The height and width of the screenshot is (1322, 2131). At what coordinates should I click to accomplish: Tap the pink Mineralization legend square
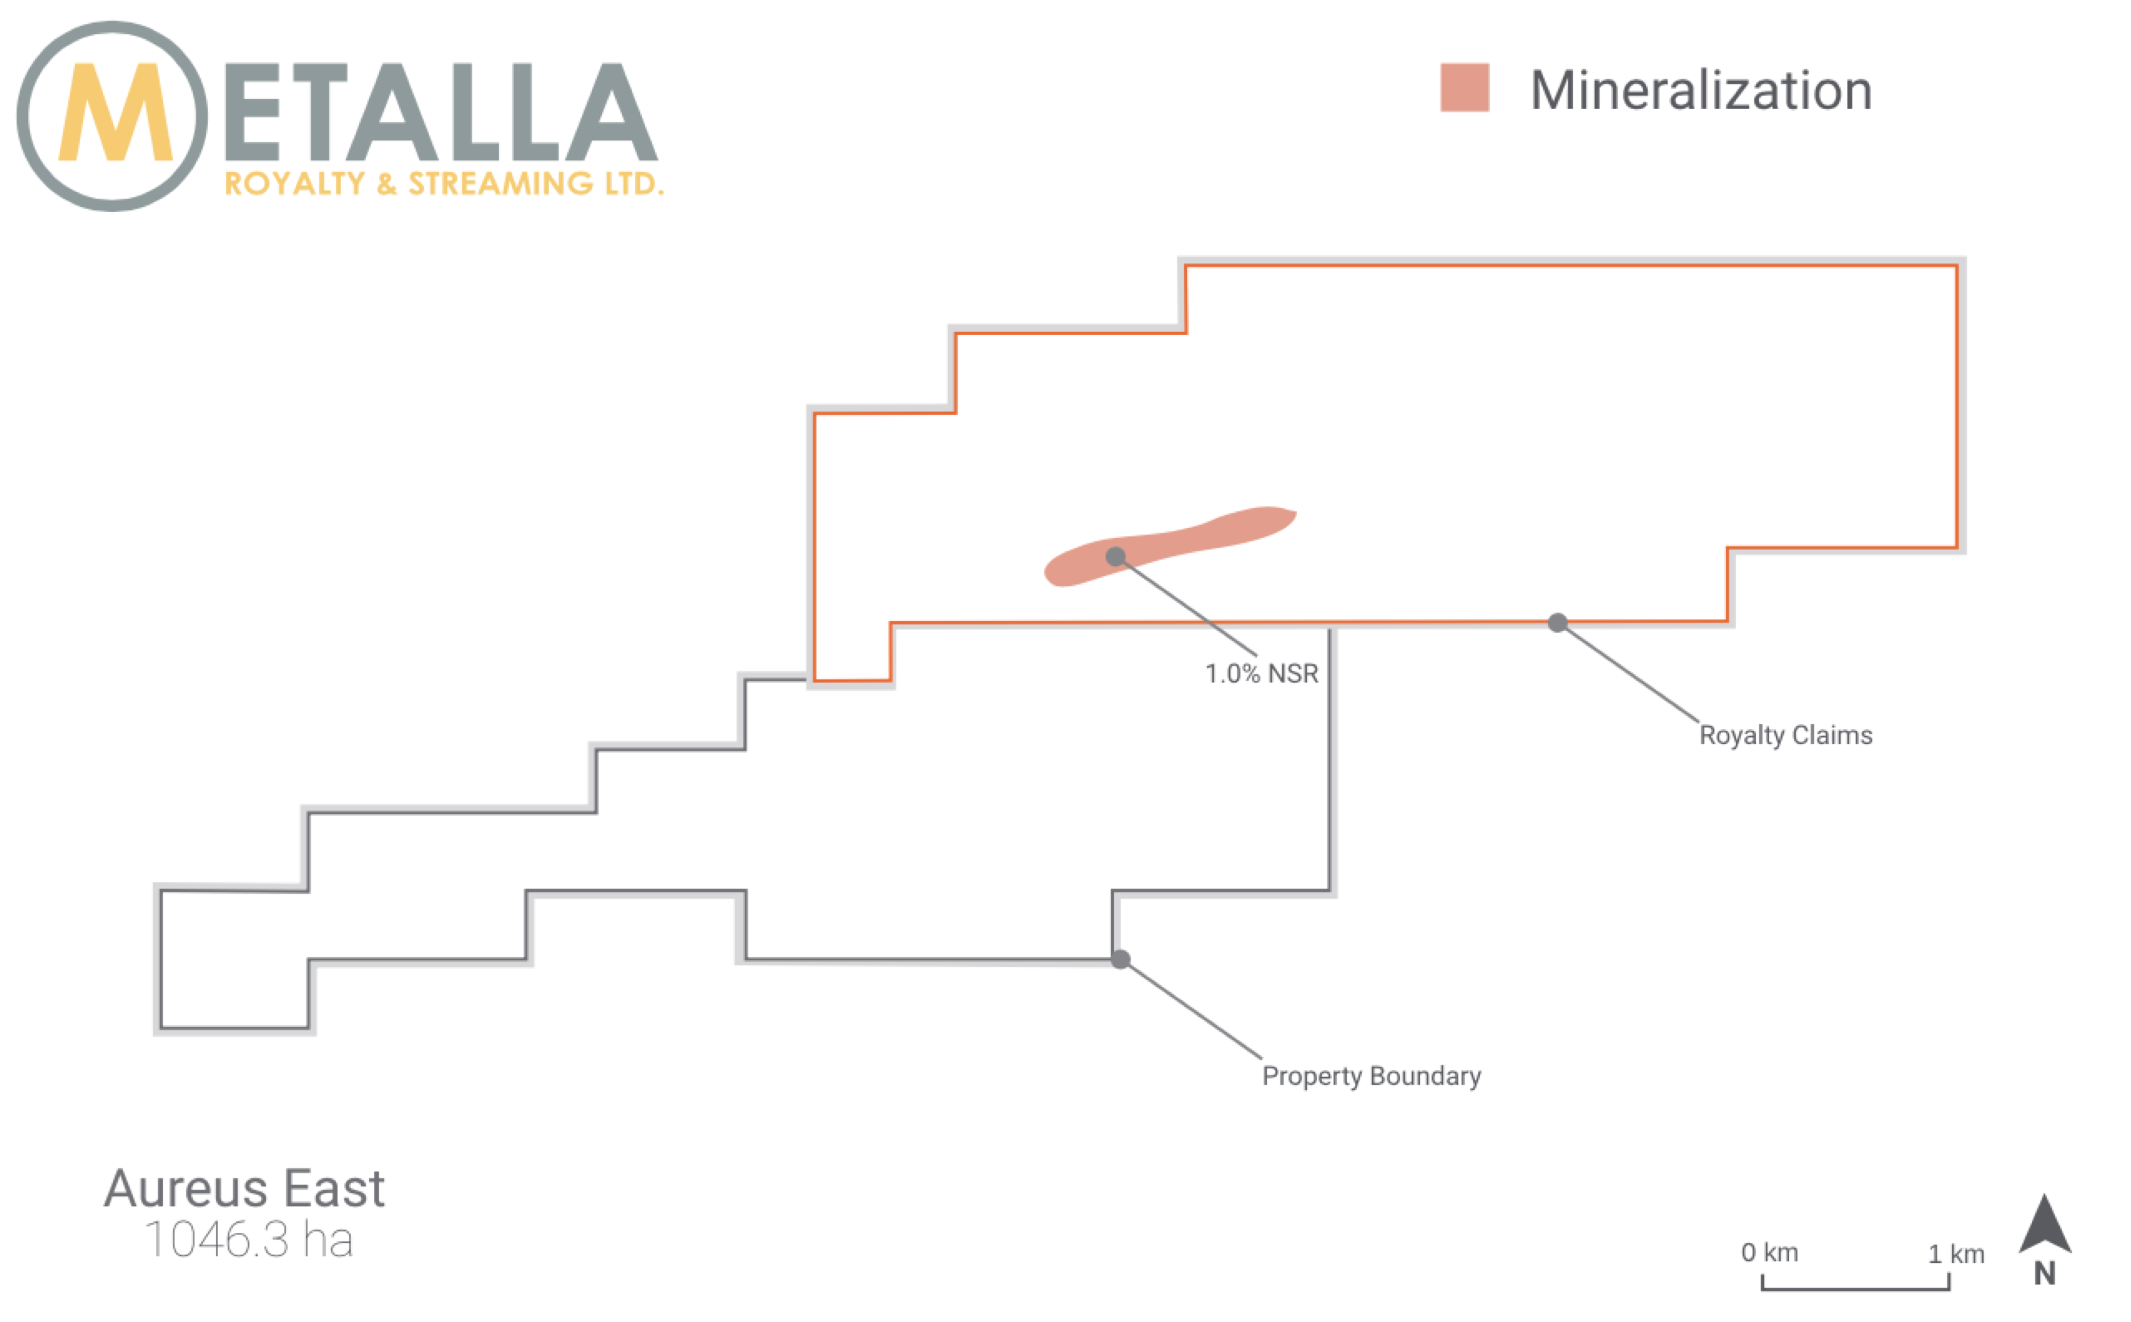coord(1464,87)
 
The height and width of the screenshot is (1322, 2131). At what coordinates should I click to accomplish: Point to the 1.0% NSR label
coord(1261,673)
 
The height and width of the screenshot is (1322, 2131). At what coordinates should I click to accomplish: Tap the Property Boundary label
coord(1371,1075)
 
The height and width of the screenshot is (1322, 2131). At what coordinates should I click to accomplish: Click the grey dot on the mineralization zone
coord(1115,556)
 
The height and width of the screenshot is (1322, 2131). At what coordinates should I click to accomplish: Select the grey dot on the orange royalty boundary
coord(1558,622)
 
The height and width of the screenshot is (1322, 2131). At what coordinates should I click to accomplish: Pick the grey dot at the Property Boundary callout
coord(1120,959)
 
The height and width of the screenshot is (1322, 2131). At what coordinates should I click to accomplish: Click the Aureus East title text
coord(244,1188)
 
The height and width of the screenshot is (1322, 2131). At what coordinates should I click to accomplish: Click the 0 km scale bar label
coord(1769,1252)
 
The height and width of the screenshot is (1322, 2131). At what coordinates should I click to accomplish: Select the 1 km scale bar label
coord(1956,1254)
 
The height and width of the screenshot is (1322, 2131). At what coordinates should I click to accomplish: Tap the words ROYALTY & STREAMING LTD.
coord(444,184)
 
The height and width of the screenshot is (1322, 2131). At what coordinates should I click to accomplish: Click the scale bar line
coord(1856,1288)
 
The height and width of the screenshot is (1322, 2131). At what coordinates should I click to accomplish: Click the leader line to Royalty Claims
coord(1628,672)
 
